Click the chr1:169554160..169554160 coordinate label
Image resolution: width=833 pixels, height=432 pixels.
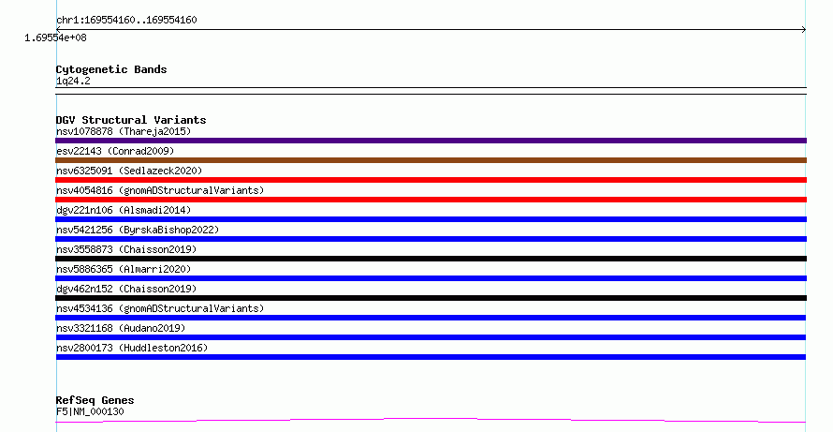[x=126, y=21]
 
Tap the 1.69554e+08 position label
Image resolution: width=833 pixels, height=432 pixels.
[x=55, y=37]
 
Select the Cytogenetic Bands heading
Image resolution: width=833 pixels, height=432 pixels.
[x=111, y=69]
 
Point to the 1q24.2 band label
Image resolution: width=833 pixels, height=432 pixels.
[x=73, y=81]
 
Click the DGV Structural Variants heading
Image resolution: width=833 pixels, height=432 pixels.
[x=131, y=120]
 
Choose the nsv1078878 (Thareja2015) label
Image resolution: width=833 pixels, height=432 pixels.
[x=124, y=131]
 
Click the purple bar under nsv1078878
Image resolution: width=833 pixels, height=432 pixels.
[x=431, y=141]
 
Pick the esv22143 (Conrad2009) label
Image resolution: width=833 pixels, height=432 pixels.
[x=115, y=151]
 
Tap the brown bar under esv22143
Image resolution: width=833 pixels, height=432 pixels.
[x=431, y=160]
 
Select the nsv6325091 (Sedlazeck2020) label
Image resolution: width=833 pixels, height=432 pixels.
[x=129, y=171]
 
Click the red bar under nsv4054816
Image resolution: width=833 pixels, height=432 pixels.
[x=431, y=200]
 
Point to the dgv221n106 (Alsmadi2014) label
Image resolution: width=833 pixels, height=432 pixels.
[x=124, y=210]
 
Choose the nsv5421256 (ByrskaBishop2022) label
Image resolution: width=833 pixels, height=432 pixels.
[x=138, y=230]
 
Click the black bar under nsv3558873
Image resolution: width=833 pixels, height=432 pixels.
[x=431, y=259]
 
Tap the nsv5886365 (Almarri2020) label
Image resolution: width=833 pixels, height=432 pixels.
[x=124, y=269]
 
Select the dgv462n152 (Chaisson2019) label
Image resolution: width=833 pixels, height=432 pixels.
[x=126, y=289]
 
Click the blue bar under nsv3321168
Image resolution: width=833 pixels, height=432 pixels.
[x=431, y=337]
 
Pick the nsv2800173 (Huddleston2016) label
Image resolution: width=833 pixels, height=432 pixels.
[x=132, y=348]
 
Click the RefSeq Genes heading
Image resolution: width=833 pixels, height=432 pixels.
[x=95, y=400]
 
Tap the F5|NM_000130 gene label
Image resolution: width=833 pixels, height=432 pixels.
[x=90, y=411]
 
